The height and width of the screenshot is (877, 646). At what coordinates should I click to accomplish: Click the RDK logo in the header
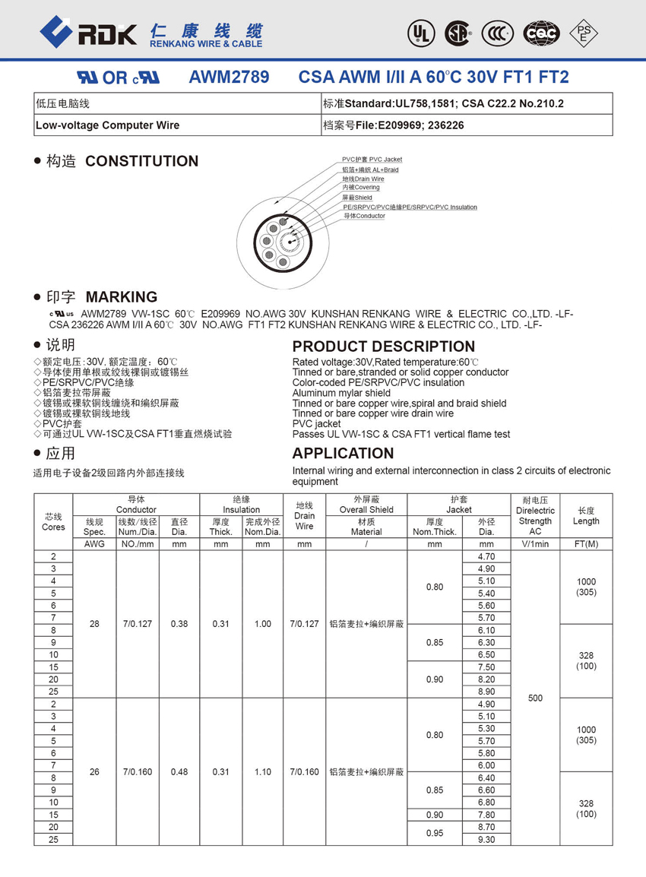88,33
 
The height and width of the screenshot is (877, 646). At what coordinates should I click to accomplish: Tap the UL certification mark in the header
418,33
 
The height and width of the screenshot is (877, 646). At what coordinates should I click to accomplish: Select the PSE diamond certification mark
584,33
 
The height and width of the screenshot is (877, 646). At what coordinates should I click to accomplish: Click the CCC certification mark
499,33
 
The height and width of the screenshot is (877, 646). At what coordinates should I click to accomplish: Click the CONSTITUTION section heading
141,161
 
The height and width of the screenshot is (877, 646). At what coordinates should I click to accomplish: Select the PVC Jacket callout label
372,160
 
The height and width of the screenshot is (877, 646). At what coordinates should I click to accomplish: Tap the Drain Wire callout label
363,179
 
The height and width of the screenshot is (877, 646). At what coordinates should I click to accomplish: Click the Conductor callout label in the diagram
364,216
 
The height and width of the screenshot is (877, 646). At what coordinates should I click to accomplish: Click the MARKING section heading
122,297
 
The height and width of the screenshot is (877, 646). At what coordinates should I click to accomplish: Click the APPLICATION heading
343,454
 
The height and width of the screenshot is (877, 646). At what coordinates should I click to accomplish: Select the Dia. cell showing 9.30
486,839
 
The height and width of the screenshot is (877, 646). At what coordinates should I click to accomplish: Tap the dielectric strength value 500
535,698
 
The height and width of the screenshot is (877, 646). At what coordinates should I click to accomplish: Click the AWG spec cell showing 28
94,624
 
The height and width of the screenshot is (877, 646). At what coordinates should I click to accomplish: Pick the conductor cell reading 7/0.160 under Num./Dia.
138,772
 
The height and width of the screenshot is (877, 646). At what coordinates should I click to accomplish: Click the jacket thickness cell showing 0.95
435,833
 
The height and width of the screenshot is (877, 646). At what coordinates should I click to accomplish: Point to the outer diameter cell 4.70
486,556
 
